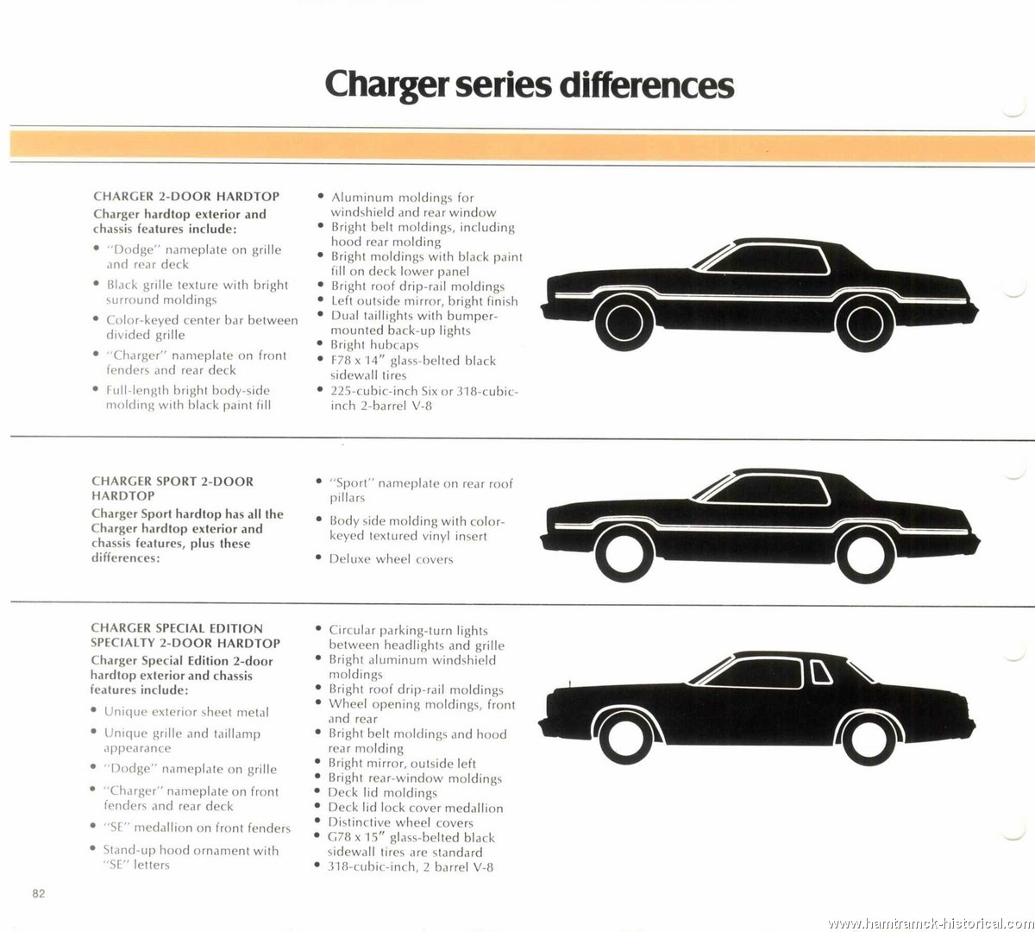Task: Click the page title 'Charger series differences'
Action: coord(530,85)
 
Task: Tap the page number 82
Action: coord(39,894)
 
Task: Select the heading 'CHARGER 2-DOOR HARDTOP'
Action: coord(186,197)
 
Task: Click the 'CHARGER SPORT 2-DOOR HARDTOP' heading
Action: coord(172,488)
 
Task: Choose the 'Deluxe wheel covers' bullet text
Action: coord(391,559)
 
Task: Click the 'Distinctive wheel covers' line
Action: coord(400,822)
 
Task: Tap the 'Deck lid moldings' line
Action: coord(382,792)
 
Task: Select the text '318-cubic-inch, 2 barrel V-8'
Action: coord(411,867)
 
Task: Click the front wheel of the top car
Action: coord(624,323)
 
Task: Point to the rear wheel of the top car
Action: coord(864,324)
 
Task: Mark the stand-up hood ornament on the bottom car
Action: coord(569,684)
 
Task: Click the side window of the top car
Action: coord(768,260)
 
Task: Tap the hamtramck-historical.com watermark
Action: coord(931,923)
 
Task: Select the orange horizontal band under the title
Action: coord(522,145)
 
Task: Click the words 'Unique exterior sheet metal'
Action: coord(186,712)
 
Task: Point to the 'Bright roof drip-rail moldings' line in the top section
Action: coord(418,287)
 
